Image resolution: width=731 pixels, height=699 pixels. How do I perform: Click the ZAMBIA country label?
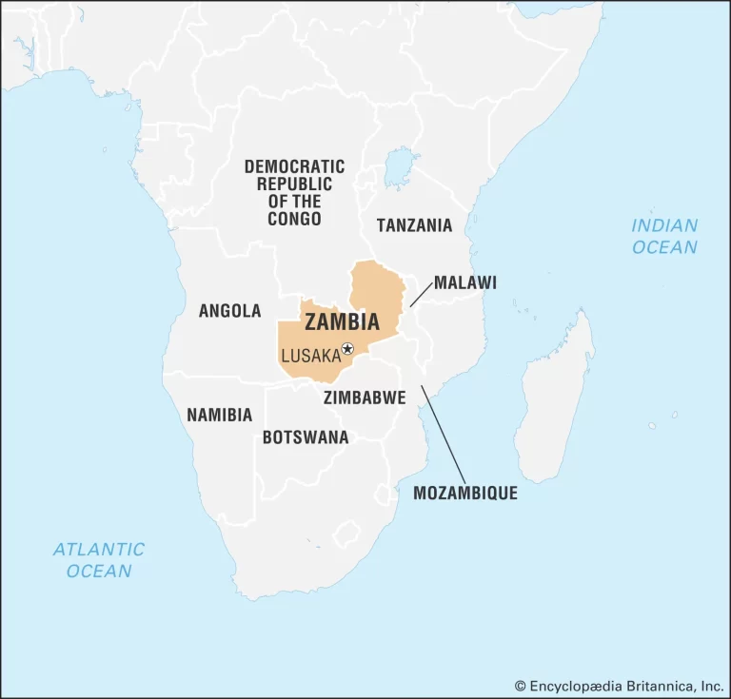coord(342,322)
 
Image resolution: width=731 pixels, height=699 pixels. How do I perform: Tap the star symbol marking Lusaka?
coord(347,349)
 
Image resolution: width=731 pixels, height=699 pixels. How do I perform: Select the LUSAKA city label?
coord(310,356)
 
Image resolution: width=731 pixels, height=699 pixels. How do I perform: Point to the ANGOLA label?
coord(229,311)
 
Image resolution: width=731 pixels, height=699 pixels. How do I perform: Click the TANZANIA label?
coord(414,225)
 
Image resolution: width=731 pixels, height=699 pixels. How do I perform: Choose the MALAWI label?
coord(465,282)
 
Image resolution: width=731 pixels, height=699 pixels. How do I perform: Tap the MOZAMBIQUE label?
coord(465,493)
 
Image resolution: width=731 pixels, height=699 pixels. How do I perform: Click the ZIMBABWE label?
coord(365,397)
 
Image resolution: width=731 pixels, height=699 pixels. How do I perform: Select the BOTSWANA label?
coord(306,437)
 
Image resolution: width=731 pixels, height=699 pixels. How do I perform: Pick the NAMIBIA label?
coord(219,415)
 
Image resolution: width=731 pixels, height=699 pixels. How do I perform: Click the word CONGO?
coord(294,219)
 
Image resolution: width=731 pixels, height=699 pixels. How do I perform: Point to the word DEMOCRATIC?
coord(294,166)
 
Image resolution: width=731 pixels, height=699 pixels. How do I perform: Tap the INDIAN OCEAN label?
coord(664,237)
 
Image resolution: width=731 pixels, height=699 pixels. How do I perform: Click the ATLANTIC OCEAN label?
coord(99,560)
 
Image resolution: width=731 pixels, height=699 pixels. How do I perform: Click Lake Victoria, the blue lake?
coord(401,168)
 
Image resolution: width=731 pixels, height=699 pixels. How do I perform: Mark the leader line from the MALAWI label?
coord(420,293)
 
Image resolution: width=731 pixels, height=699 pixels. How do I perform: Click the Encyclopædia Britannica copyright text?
coord(619,685)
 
